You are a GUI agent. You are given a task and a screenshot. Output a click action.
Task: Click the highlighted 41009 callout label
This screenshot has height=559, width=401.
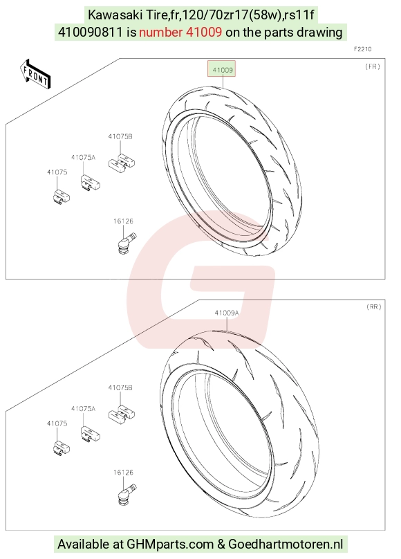[223, 70]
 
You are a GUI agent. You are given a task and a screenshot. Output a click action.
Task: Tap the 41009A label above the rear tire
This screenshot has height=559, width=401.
[227, 313]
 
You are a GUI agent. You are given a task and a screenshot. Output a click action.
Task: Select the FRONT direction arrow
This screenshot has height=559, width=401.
[35, 74]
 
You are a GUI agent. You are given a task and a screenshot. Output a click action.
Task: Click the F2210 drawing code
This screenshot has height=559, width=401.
[362, 49]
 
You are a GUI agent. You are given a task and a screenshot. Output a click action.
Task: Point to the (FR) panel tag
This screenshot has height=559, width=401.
[373, 66]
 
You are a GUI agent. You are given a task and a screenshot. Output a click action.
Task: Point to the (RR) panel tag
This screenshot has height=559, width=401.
[373, 306]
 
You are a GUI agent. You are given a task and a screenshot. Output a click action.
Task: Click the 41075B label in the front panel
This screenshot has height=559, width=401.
[120, 136]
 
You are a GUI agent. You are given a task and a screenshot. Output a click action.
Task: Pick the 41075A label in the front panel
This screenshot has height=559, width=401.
[84, 157]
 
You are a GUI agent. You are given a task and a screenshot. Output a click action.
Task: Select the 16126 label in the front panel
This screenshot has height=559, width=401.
[123, 221]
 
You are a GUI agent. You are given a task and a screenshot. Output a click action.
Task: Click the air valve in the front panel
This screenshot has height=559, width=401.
[127, 242]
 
